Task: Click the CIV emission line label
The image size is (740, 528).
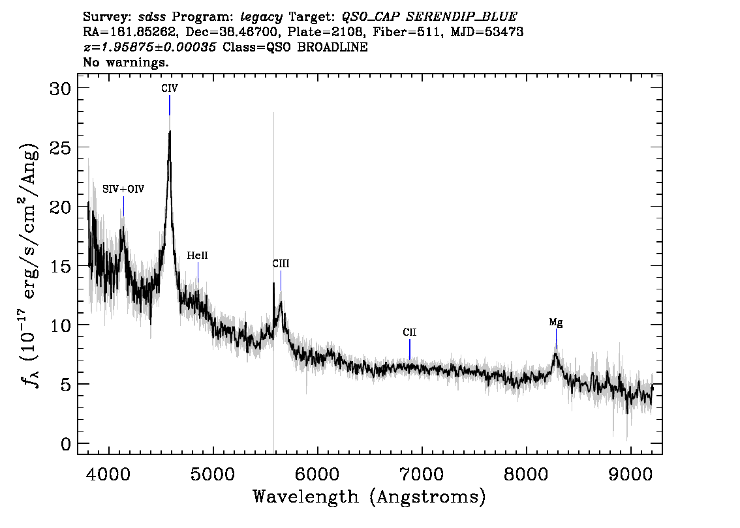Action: (170, 89)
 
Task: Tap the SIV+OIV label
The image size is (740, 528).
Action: (123, 189)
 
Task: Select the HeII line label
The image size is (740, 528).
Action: (197, 256)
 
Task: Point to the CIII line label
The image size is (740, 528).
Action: (281, 264)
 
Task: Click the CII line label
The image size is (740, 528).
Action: (410, 332)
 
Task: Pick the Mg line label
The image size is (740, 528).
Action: (556, 323)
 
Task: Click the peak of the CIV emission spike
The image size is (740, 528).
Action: (170, 132)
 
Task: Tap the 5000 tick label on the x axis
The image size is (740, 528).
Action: (213, 474)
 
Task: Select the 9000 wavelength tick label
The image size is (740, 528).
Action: (630, 474)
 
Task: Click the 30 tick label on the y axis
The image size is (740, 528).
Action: (61, 89)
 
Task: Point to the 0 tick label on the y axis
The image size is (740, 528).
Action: (66, 444)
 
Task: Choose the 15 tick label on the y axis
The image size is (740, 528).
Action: (61, 267)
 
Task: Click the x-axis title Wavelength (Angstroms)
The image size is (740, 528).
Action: (369, 497)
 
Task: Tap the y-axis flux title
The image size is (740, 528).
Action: (30, 265)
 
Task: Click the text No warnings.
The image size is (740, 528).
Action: (125, 62)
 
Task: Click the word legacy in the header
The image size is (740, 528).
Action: (262, 18)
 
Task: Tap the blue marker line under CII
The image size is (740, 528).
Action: (410, 349)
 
